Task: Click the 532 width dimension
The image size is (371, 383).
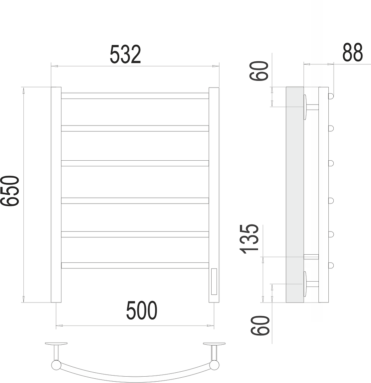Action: [x=125, y=54]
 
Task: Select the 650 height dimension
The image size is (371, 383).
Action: [x=10, y=191]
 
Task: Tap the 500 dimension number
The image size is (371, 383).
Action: [x=142, y=310]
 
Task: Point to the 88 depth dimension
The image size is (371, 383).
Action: [x=353, y=52]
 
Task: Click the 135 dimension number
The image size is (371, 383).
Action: [x=250, y=239]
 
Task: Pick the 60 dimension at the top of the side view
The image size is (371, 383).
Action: [x=259, y=71]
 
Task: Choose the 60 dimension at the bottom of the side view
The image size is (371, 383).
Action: [x=260, y=325]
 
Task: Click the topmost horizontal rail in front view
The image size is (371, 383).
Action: [x=135, y=96]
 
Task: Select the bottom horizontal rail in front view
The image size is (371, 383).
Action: [x=135, y=266]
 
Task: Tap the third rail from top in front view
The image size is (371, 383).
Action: [x=135, y=163]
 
